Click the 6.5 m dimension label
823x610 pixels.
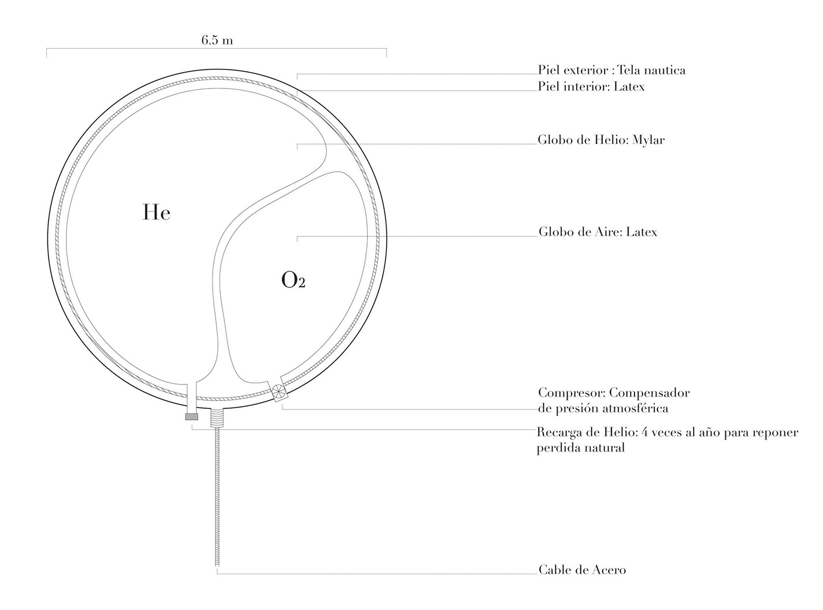217,40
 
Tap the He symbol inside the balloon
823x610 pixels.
156,213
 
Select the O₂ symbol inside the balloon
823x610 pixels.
293,281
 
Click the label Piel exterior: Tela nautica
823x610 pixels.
611,71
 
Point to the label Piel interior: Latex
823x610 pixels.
591,87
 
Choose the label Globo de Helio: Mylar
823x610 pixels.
601,140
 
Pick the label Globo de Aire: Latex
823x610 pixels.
598,232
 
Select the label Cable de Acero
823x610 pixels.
582,570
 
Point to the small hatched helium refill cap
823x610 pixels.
191,416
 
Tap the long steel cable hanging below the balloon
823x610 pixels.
217,497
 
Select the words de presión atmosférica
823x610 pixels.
603,409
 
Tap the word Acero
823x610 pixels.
609,570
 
